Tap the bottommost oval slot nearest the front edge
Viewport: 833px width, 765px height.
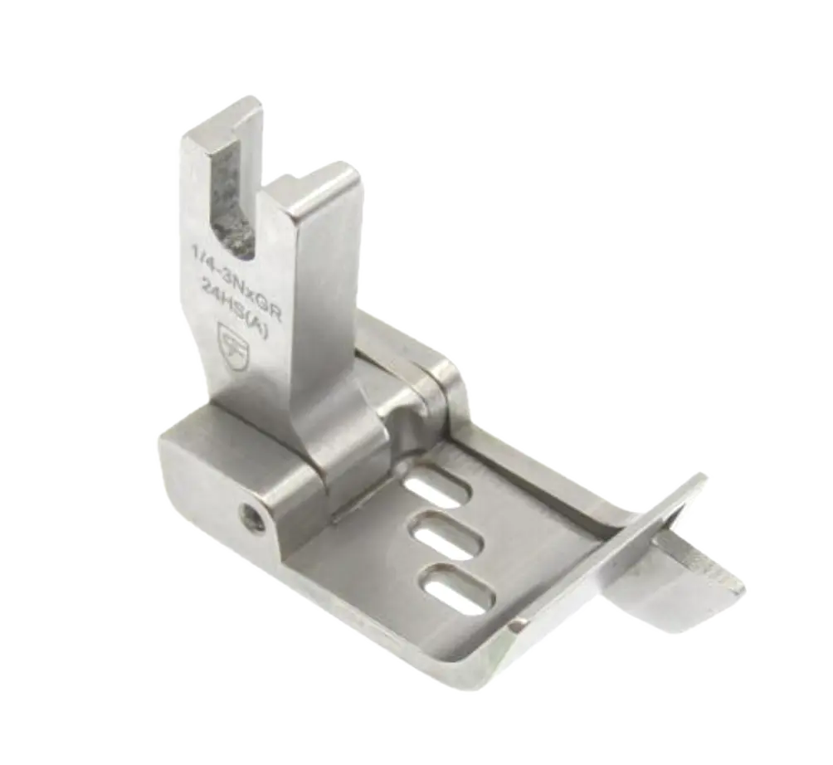460,587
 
